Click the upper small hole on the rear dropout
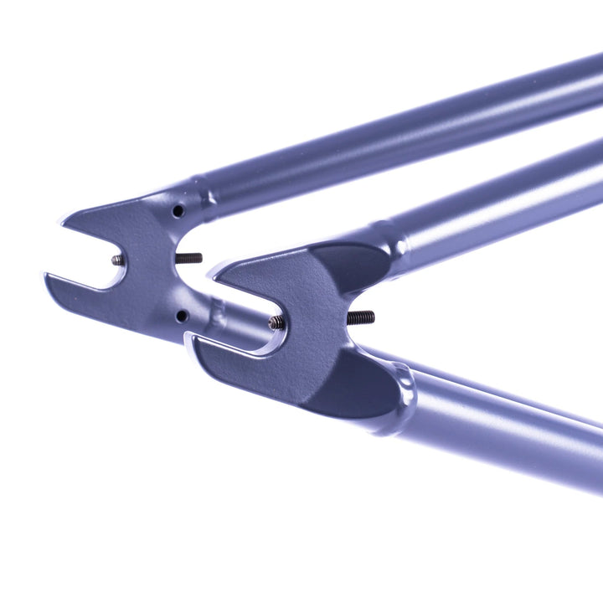pos(178,211)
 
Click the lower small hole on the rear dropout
pos(180,316)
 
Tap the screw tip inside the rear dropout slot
pos(118,260)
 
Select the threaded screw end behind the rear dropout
pos(190,258)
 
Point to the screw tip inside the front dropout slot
pos(276,322)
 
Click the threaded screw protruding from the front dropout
pos(361,317)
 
